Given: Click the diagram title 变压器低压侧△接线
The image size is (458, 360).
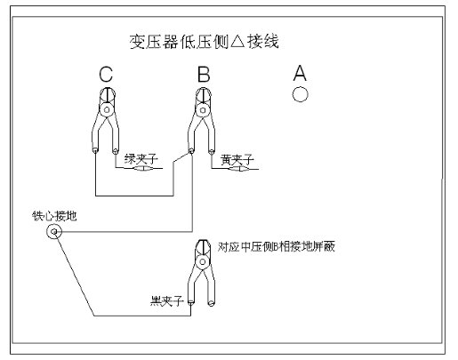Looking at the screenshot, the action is coord(205,42).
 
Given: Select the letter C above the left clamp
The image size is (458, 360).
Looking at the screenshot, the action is coord(106,74).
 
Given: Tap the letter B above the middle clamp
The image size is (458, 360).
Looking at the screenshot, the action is coord(204,74).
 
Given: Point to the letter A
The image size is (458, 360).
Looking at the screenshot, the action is coord(300,73).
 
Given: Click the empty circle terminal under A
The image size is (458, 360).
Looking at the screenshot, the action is coord(300,94).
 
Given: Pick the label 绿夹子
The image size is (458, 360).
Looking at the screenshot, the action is coord(141,159).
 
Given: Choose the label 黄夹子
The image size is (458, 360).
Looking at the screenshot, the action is coord(237,160).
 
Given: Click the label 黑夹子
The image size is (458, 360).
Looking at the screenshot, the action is coord(166,301).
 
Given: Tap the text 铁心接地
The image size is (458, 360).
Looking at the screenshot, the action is coord(54,216).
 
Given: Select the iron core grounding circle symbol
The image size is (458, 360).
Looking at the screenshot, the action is coord(54,232).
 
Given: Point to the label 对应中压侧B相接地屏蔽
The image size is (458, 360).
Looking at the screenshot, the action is coord(277,246).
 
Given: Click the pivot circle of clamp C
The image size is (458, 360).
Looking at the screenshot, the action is coord(107,110).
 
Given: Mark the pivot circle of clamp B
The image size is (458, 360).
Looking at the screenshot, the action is coord(203,110).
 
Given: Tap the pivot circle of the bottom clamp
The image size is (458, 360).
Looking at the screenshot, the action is coord(203,262).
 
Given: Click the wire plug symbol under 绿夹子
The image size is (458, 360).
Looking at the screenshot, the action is coord(143,169).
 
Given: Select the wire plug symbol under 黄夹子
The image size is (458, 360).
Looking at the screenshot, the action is coord(239,169).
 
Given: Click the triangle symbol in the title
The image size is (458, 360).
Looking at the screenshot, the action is coord(237,42).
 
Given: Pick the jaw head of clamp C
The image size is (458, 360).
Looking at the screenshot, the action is coord(107,95).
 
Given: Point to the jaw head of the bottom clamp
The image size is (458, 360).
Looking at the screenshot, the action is coord(203,247).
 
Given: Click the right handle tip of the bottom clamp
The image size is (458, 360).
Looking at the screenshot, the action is coord(211,303).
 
